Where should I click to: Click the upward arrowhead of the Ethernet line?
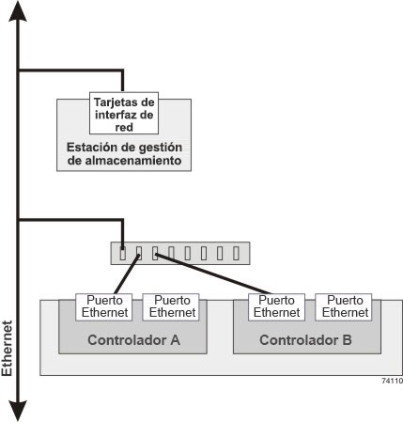coord(18,11)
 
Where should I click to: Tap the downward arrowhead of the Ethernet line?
coord(18,411)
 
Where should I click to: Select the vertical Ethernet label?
coord(7,348)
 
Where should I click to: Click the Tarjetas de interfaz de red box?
coord(124,113)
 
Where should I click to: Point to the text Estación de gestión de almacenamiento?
coord(124,153)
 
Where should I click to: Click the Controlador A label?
coord(133,340)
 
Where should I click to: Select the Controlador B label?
coord(305,340)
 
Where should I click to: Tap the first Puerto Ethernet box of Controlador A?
coord(104,307)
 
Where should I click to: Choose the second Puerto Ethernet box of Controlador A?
coord(171,307)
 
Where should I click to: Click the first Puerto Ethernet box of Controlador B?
coord(276,307)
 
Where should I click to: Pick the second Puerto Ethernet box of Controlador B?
coord(344,307)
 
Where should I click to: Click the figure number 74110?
coord(392,381)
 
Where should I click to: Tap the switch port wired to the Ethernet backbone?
coord(123,253)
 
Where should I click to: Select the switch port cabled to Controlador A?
coord(139,253)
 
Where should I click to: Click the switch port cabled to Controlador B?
coord(155,253)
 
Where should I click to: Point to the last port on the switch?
coord(236,253)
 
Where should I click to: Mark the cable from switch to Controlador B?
coord(209,274)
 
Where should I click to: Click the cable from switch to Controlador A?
coord(127,274)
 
